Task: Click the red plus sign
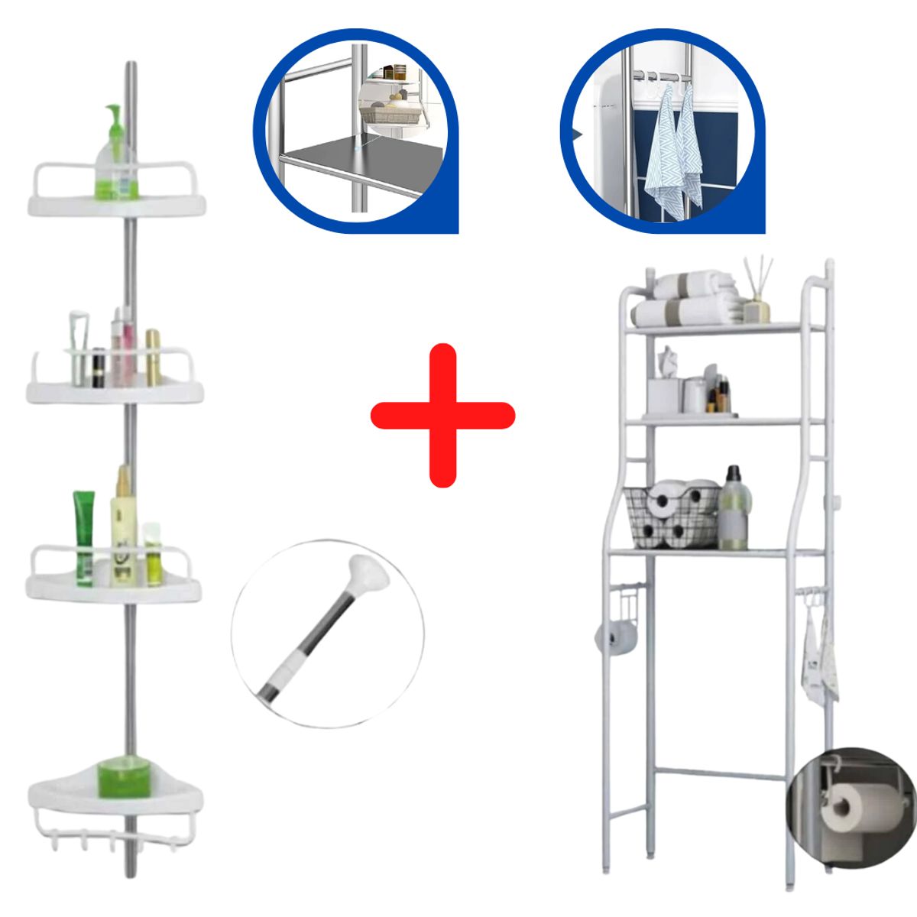[442, 415]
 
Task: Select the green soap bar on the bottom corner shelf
[123, 776]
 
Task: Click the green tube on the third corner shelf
[83, 537]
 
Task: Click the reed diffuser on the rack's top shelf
[757, 294]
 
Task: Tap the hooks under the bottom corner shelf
[115, 839]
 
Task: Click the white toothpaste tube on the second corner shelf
[77, 348]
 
